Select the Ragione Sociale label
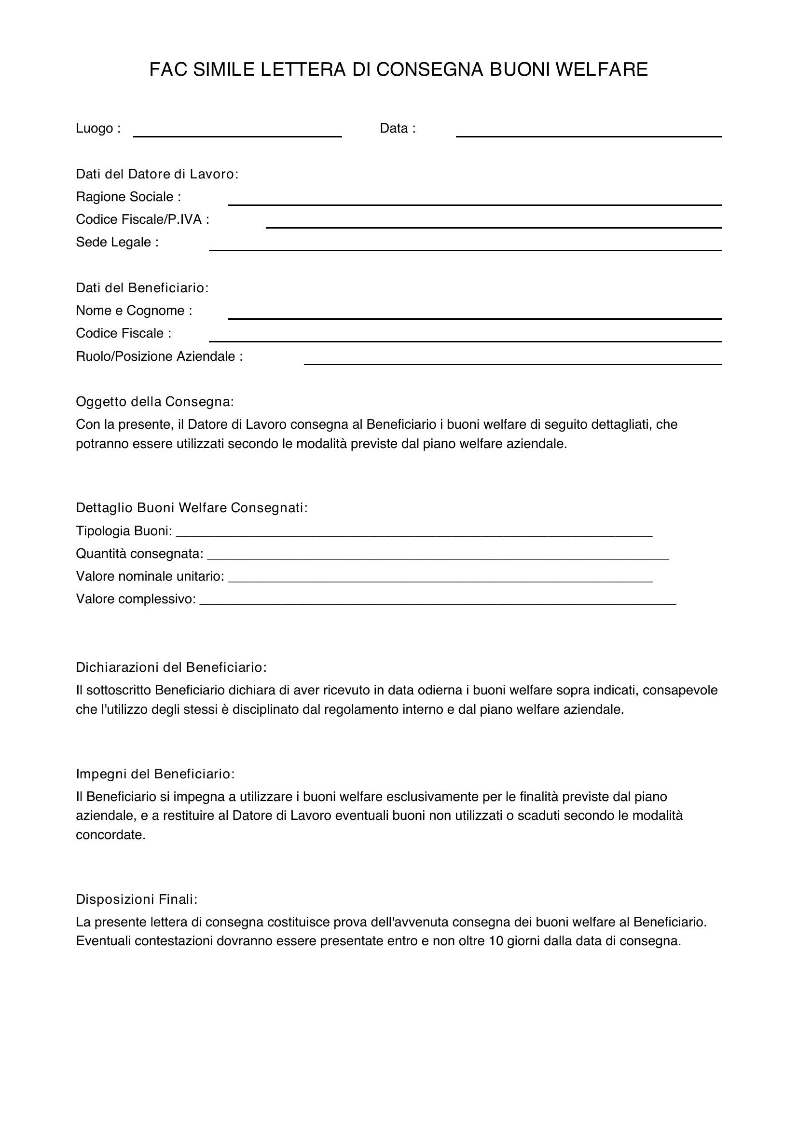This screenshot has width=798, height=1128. pyautogui.click(x=128, y=197)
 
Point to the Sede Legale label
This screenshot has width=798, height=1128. pyautogui.click(x=117, y=242)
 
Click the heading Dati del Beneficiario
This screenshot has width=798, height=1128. pyautogui.click(x=142, y=288)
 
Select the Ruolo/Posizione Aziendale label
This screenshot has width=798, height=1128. pyautogui.click(x=159, y=356)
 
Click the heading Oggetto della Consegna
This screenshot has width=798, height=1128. pyautogui.click(x=155, y=402)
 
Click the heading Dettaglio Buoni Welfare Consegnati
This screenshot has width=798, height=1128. pyautogui.click(x=192, y=507)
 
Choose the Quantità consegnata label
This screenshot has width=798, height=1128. pyautogui.click(x=139, y=554)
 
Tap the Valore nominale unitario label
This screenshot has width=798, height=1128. pyautogui.click(x=150, y=576)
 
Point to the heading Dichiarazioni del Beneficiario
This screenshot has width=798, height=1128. pyautogui.click(x=171, y=667)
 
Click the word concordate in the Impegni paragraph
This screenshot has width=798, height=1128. pyautogui.click(x=110, y=835)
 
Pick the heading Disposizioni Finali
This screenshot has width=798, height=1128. pyautogui.click(x=137, y=899)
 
